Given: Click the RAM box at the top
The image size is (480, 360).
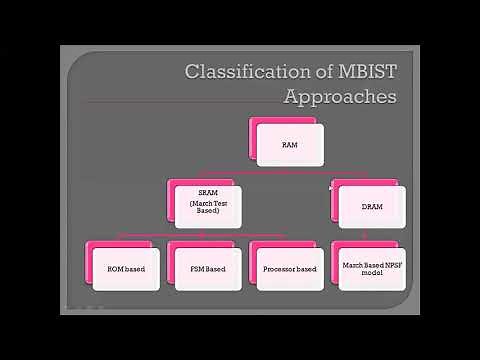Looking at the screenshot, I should point(290,145).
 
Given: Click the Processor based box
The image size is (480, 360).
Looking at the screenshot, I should point(289,269).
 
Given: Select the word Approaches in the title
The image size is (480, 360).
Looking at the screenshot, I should point(340,97).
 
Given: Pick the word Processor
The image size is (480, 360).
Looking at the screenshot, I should point(279,269).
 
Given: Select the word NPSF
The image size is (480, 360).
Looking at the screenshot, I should point(387,264).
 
